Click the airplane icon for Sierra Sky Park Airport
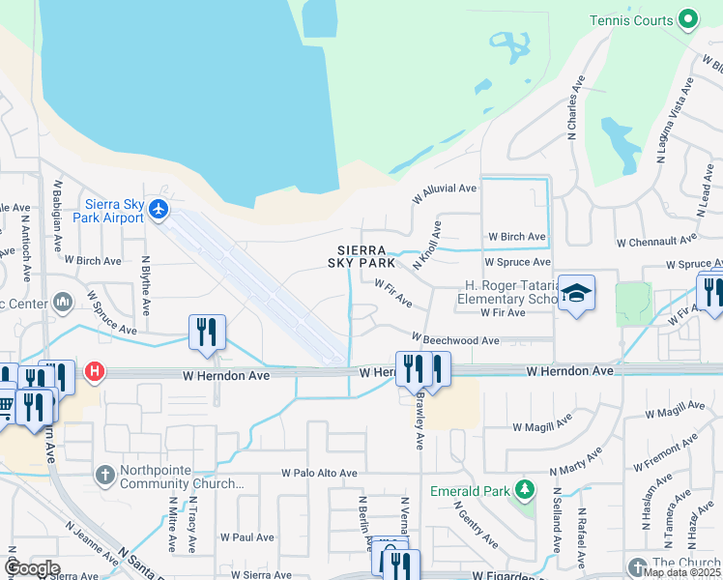(x=159, y=211)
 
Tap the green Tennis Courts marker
(x=687, y=18)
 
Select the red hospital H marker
(x=94, y=369)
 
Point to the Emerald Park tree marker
(x=525, y=491)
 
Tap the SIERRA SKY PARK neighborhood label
(x=364, y=256)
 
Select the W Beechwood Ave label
(x=454, y=340)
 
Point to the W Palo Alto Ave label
(x=319, y=474)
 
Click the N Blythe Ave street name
(x=146, y=285)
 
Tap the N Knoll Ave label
(x=426, y=246)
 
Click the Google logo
(x=31, y=567)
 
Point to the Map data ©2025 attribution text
(x=680, y=572)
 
